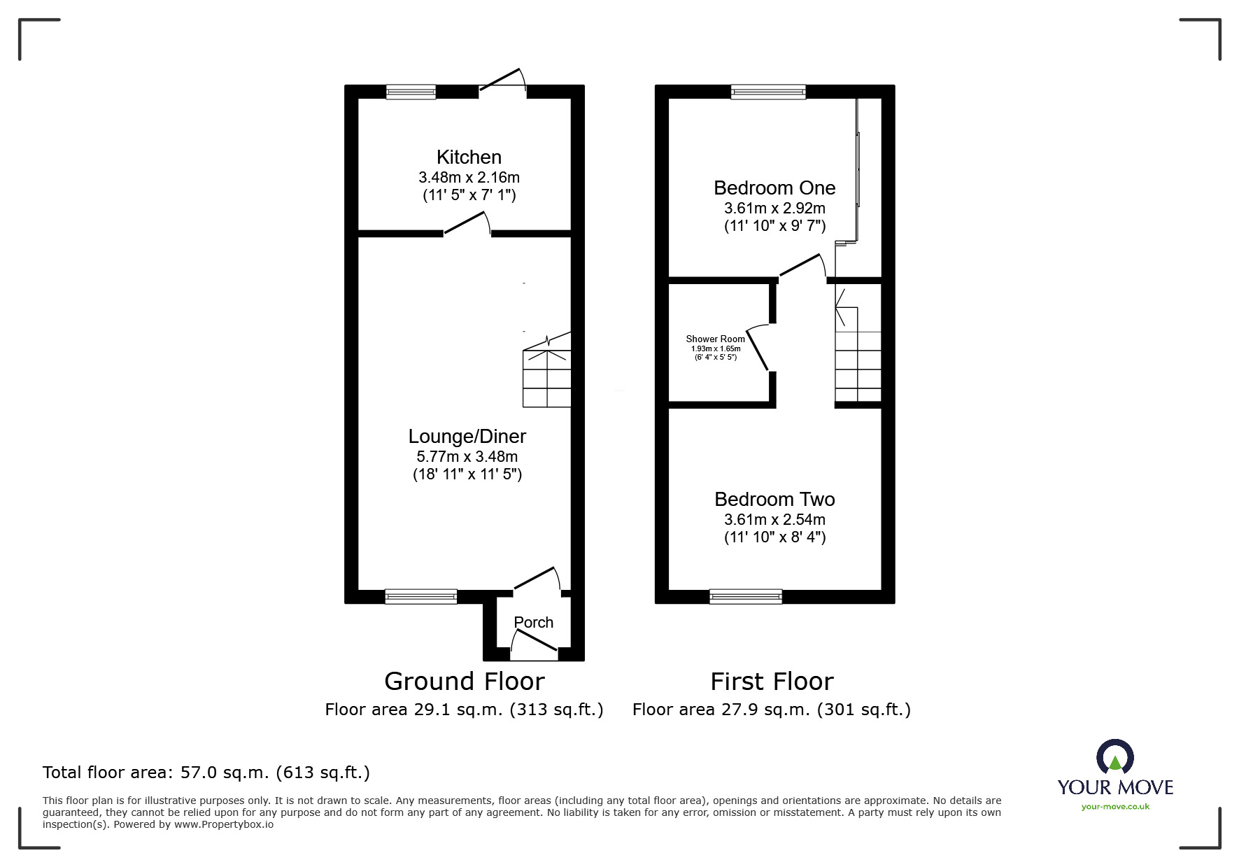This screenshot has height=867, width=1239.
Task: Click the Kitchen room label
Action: (x=469, y=157)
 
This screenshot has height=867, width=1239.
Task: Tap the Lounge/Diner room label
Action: (x=467, y=437)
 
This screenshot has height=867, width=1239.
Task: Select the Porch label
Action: (x=533, y=622)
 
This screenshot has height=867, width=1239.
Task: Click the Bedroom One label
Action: (x=774, y=188)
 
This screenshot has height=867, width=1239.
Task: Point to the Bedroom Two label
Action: (x=774, y=500)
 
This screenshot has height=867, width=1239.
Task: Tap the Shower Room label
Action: (x=715, y=339)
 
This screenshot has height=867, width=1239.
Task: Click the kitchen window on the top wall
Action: (x=411, y=92)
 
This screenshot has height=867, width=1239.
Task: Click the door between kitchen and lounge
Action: (x=467, y=224)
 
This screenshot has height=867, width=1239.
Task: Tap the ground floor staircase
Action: (x=547, y=374)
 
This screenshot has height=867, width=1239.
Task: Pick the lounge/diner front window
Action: (x=420, y=596)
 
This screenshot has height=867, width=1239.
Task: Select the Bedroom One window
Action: (x=768, y=92)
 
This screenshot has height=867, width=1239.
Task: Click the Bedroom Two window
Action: (x=745, y=596)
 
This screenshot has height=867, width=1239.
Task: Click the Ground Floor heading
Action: (x=464, y=682)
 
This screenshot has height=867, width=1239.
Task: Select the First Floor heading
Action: (x=772, y=682)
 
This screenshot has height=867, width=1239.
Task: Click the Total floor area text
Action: (x=206, y=773)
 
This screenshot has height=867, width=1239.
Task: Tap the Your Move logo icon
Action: (x=1114, y=757)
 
